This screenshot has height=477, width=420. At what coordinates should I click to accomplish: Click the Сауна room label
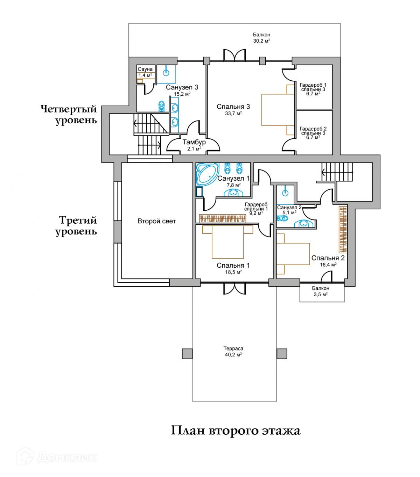pyautogui.click(x=145, y=69)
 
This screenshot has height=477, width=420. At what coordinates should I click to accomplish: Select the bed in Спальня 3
pyautogui.click(x=278, y=110)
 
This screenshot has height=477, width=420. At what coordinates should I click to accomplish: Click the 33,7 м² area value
pyautogui.click(x=233, y=114)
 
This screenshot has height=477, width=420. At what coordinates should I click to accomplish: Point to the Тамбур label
pyautogui.click(x=194, y=142)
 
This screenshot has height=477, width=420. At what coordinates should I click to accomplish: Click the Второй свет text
pyautogui.click(x=156, y=221)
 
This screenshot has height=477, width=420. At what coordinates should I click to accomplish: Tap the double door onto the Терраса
pyautogui.click(x=234, y=288)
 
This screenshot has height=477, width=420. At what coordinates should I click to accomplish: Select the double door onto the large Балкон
pyautogui.click(x=234, y=55)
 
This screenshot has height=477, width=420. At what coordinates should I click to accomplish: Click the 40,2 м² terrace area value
pyautogui.click(x=233, y=355)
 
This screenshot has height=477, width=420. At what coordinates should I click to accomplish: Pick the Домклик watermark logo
pyautogui.click(x=57, y=457)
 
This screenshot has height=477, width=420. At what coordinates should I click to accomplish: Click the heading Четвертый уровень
pyautogui.click(x=69, y=115)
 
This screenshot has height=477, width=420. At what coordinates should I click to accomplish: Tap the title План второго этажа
pyautogui.click(x=236, y=431)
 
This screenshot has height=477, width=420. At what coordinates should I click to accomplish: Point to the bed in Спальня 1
pyautogui.click(x=227, y=242)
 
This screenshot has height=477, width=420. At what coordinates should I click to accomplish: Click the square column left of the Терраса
pyautogui.click(x=187, y=354)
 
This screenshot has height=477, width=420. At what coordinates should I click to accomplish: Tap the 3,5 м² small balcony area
pyautogui.click(x=321, y=294)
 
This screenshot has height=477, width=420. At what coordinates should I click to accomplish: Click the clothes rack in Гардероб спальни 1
pyautogui.click(x=222, y=218)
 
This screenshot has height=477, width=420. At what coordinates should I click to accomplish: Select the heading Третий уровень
pyautogui.click(x=76, y=225)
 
